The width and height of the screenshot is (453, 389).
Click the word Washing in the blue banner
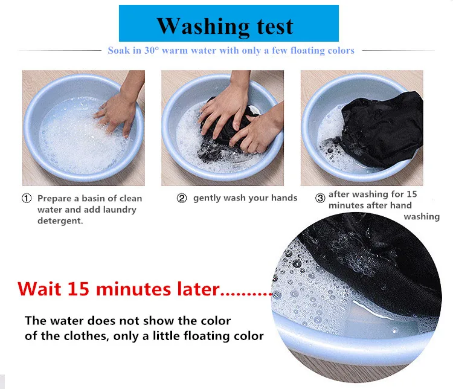click(x=203, y=27)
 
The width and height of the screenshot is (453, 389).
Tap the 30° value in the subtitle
click(x=152, y=50)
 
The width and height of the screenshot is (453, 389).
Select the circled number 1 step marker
click(x=27, y=198)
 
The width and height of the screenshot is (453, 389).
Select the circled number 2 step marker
click(x=182, y=198)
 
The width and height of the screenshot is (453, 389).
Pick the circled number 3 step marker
click(x=320, y=198)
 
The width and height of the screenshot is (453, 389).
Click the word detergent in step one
click(x=60, y=220)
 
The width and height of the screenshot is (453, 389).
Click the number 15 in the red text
click(x=79, y=289)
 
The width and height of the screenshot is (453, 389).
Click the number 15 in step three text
click(x=412, y=194)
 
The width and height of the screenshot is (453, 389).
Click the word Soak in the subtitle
click(x=119, y=50)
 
